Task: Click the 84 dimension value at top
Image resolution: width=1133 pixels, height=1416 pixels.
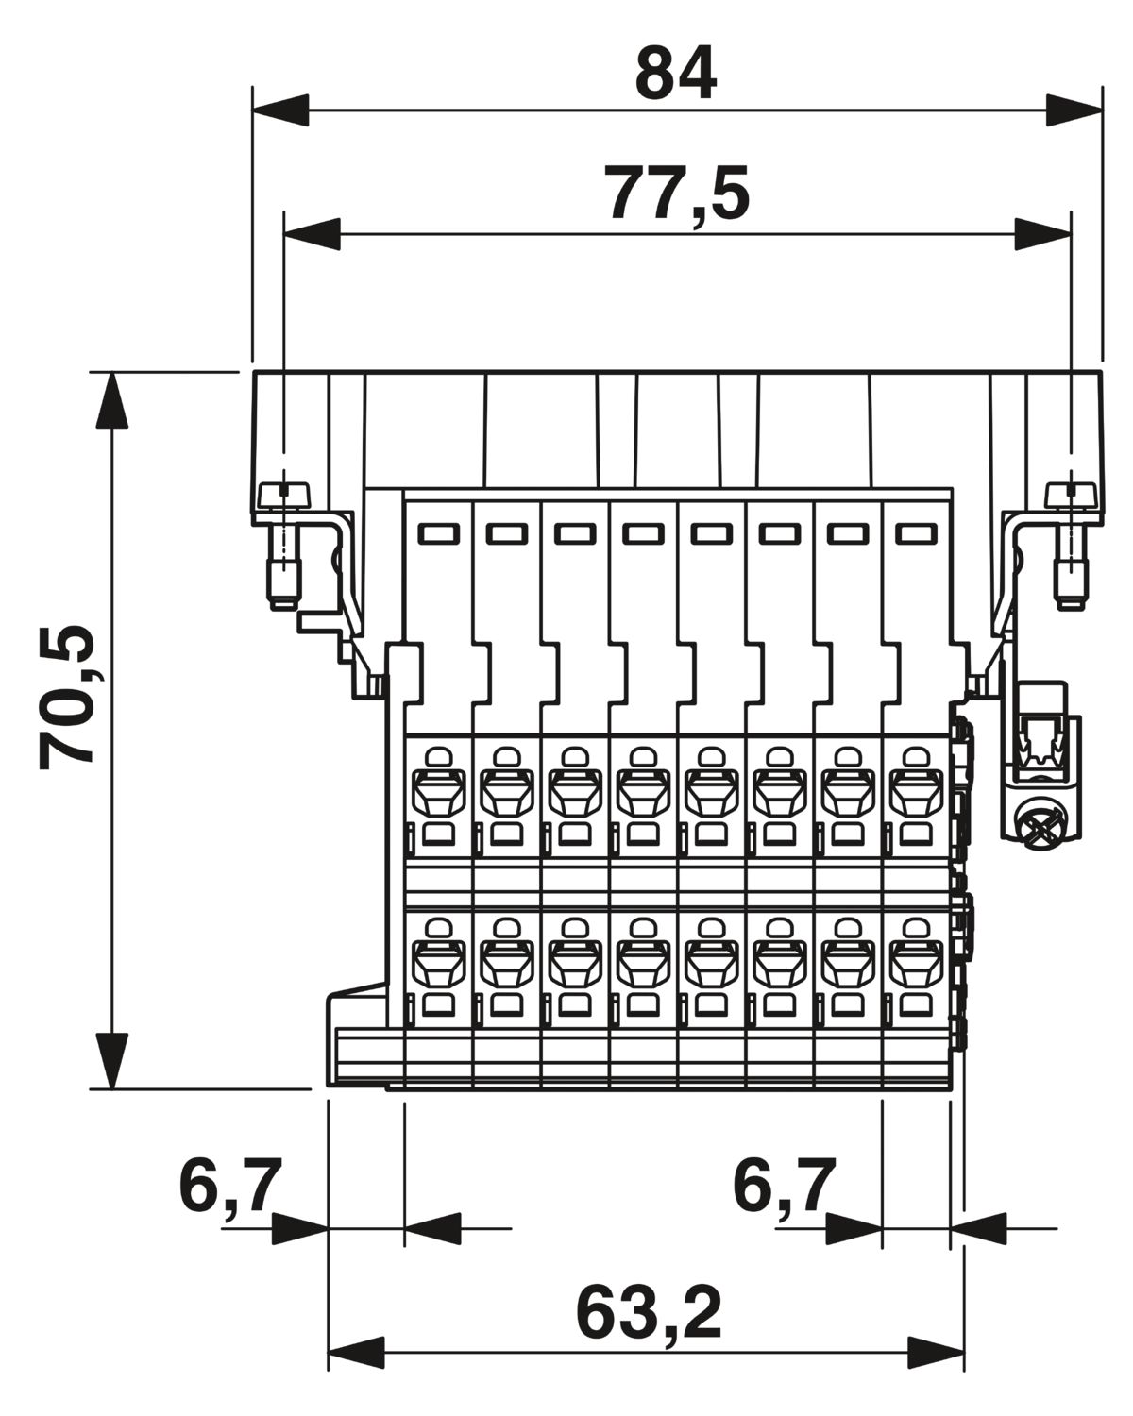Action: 675,73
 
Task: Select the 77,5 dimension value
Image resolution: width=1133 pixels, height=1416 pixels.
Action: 677,194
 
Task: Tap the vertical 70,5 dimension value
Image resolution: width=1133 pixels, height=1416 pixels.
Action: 67,697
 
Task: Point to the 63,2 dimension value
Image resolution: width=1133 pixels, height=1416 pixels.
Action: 649,1314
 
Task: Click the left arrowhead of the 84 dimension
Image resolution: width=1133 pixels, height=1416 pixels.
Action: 280,110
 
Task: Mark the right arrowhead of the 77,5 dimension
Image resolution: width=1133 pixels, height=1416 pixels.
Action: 1042,234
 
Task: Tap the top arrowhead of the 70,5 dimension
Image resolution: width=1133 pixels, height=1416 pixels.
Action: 112,400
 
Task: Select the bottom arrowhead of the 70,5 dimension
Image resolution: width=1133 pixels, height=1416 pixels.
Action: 112,1061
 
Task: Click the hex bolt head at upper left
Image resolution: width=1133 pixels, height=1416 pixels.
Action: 284,496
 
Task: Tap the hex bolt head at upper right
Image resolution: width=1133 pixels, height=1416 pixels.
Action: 1072,496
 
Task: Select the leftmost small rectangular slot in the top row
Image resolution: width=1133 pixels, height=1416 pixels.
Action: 439,533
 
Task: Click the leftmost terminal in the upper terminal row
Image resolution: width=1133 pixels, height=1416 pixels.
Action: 439,798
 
